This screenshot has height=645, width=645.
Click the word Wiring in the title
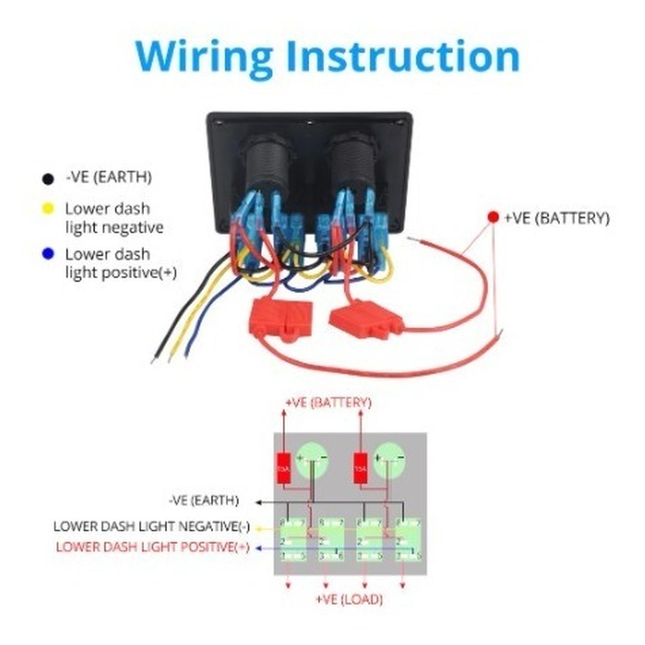click(204, 57)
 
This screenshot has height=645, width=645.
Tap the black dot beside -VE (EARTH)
click(48, 178)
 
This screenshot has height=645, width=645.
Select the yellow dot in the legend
click(48, 209)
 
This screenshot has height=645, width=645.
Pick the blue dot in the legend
click(48, 254)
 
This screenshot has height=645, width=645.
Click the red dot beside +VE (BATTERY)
click(493, 217)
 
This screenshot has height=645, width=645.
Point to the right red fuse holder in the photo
click(365, 319)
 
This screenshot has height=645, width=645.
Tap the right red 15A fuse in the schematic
click(360, 468)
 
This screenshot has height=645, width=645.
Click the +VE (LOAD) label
click(349, 599)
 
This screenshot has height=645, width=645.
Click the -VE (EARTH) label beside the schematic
click(203, 501)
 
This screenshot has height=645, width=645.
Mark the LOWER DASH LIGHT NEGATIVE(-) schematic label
click(151, 526)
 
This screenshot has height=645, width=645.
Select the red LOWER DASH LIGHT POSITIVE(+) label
click(153, 547)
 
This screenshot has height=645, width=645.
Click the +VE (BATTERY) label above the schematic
click(328, 402)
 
